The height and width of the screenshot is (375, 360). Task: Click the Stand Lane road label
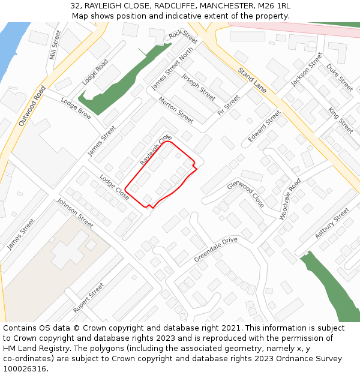click(252, 79)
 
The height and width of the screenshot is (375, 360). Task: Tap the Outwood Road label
click(32, 106)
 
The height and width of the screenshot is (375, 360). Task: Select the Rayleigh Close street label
click(155, 150)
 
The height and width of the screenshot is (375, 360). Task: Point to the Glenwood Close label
click(245, 194)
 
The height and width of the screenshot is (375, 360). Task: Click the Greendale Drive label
click(215, 250)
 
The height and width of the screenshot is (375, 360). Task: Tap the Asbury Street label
click(332, 223)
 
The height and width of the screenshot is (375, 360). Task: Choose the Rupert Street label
click(89, 298)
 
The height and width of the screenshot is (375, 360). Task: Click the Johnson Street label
click(75, 213)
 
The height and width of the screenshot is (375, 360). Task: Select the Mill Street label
click(56, 44)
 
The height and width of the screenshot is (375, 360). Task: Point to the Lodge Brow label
click(76, 109)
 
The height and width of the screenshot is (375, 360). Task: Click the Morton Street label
click(176, 110)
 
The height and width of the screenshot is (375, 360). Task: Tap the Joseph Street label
click(198, 86)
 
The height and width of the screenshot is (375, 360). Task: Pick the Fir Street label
click(229, 104)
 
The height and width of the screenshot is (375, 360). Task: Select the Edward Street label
click(265, 126)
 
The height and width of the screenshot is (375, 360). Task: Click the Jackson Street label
click(307, 69)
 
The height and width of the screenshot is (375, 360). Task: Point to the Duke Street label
click(340, 77)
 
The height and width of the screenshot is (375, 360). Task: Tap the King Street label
click(340, 120)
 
